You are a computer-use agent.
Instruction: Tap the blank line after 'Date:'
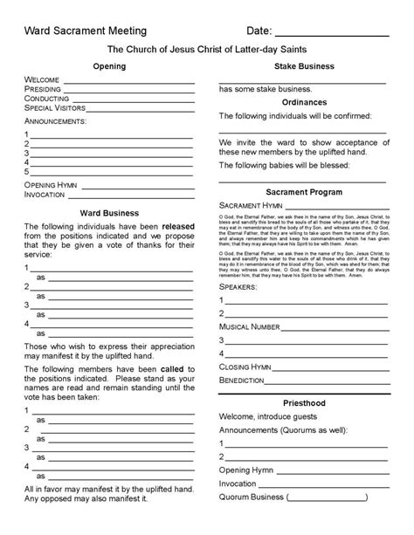tap(345, 33)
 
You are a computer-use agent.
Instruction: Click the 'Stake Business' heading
tap(301, 66)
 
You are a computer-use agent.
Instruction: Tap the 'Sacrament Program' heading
tap(301, 190)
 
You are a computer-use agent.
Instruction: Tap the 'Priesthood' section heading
tap(301, 406)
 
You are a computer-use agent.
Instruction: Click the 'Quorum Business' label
tap(252, 497)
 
